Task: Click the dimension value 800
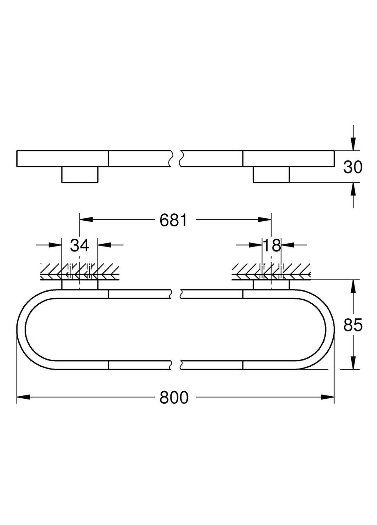coord(174,397)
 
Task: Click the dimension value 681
coord(173,220)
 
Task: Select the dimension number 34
coord(79,245)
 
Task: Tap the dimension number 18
coord(271,245)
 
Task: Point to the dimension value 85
coord(353,325)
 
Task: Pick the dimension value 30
coord(353,167)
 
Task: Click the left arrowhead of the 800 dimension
coord(23,397)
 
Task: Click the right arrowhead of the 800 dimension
coord(328,397)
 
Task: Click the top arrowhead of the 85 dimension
coord(353,286)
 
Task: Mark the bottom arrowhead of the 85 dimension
coord(353,363)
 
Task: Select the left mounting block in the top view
coord(80,174)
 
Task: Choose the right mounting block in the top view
coord(271,174)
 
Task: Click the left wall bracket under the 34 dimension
coord(80,285)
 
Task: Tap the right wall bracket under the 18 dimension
coord(271,285)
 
